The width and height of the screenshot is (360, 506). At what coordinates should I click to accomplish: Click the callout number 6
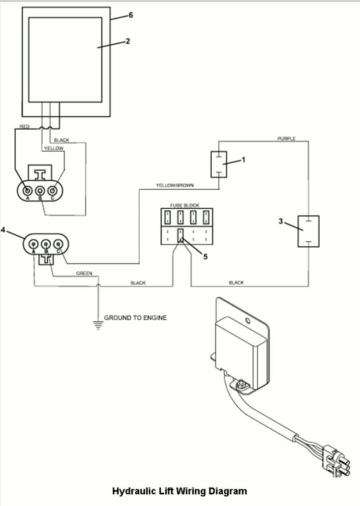coord(131,15)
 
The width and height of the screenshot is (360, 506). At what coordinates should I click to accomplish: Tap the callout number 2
coord(128,42)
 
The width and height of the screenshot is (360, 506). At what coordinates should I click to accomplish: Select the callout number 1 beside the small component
coord(244,159)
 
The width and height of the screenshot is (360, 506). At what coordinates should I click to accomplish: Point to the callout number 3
coord(281,221)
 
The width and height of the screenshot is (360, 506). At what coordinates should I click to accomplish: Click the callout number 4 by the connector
coord(3,230)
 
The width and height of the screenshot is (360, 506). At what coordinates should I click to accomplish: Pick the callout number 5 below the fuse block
coord(205,256)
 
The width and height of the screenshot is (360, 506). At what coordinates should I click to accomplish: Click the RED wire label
coord(24,126)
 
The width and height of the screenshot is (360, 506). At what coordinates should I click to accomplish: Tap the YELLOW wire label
coord(54,148)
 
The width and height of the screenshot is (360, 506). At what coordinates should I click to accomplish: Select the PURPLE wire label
coord(286,139)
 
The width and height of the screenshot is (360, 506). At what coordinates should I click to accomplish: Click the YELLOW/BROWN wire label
coord(175,186)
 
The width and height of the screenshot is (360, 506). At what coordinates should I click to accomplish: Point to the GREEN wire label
coord(84,273)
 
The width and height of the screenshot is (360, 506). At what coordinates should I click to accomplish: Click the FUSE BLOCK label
coord(185,206)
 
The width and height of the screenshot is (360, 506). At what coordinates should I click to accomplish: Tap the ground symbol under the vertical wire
coord(98,325)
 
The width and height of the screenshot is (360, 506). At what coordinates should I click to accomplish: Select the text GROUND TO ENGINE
coord(135,318)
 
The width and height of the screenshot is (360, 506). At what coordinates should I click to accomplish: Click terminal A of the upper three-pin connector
coord(28,190)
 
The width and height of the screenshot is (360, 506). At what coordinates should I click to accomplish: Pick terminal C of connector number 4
coord(58,244)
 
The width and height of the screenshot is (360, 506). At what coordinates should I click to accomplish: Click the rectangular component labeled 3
coord(309,231)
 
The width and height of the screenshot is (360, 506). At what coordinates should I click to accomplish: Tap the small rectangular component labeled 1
coord(219,165)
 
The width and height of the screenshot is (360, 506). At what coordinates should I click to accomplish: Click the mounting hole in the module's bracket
coord(248,321)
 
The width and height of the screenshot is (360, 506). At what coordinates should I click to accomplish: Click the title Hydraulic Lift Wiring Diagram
coord(179,491)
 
